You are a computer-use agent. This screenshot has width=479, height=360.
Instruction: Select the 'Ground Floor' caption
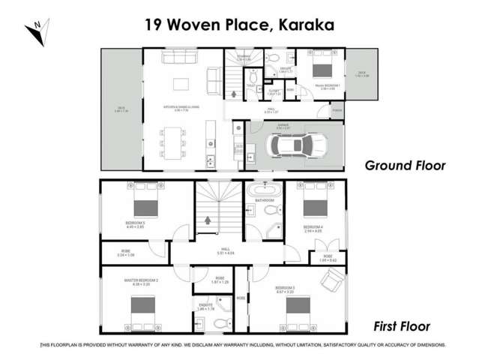405,165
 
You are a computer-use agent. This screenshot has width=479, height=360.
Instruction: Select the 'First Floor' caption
401,326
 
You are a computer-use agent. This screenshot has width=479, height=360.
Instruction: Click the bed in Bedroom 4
312,204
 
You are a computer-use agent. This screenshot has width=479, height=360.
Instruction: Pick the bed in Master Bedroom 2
142,307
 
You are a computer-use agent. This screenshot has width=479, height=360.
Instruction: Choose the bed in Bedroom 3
297,306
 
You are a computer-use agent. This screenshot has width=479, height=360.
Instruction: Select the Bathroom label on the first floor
264,201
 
